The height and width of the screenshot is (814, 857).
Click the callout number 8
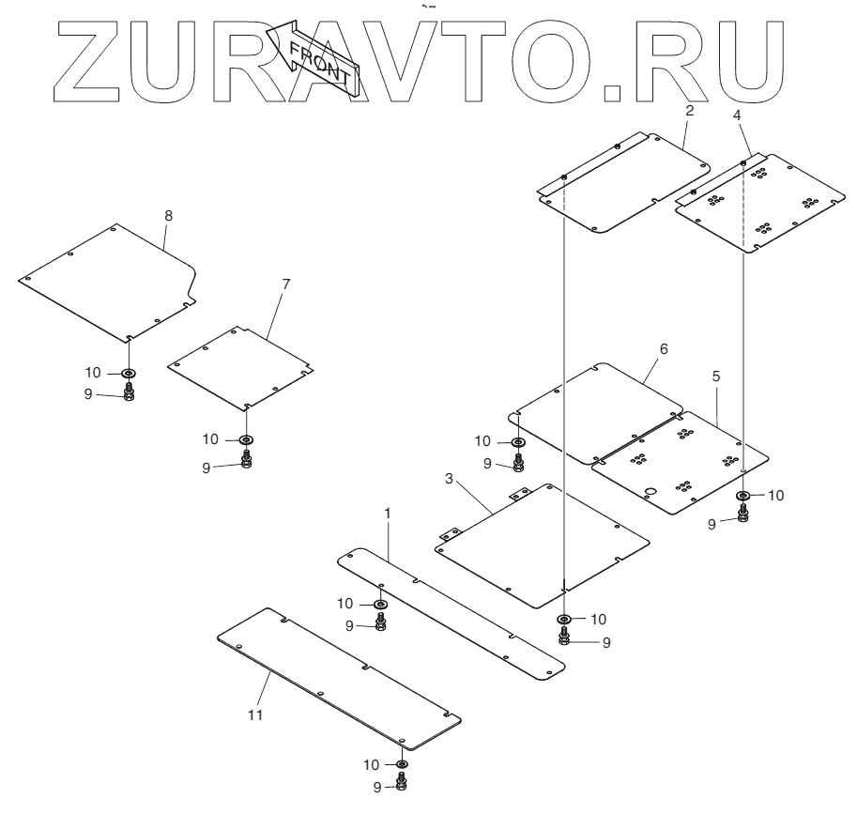(x=168, y=215)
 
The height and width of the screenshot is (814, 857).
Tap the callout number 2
(x=689, y=110)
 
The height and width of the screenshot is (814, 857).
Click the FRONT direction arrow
(x=314, y=59)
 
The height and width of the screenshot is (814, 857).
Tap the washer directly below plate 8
(x=129, y=373)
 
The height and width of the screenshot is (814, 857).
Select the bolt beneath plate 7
(x=246, y=459)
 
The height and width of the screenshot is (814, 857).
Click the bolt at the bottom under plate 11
(x=402, y=784)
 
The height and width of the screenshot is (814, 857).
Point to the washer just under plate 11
(x=402, y=764)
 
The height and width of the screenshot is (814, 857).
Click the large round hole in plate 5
(x=649, y=491)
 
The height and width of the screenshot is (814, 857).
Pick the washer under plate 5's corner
(x=742, y=496)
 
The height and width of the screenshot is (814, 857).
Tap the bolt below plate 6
(x=518, y=463)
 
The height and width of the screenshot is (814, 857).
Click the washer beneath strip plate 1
(x=380, y=604)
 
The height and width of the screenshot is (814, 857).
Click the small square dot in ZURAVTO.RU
(x=613, y=90)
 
